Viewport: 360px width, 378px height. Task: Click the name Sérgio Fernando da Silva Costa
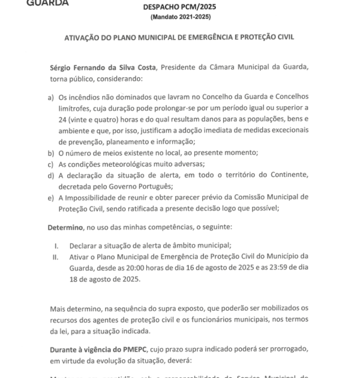tap(101, 70)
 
